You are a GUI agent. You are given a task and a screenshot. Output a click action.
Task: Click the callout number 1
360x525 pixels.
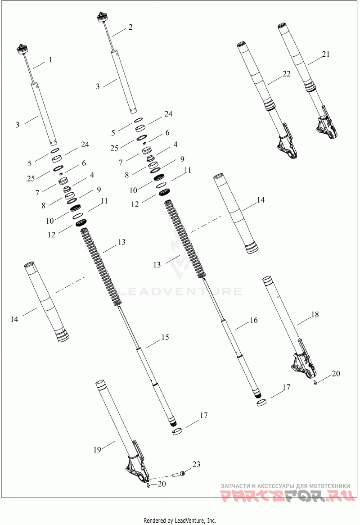pyautogui.click(x=50, y=59)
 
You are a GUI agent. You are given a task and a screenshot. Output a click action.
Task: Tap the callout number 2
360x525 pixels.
pyautogui.click(x=130, y=27)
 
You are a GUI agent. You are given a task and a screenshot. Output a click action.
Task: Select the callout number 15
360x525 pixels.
pyautogui.click(x=165, y=337)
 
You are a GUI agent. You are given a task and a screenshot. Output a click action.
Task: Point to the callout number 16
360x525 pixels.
pyautogui.click(x=254, y=321)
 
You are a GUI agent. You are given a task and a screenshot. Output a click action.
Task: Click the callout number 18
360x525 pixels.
pyautogui.click(x=315, y=314)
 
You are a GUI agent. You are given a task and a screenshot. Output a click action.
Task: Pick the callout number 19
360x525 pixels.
pyautogui.click(x=97, y=450)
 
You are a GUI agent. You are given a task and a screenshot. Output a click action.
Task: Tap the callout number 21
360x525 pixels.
pyautogui.click(x=325, y=54)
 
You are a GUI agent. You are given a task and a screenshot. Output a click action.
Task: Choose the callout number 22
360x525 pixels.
pyautogui.click(x=286, y=74)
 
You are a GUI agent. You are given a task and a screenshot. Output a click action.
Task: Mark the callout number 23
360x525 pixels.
pyautogui.click(x=196, y=464)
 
